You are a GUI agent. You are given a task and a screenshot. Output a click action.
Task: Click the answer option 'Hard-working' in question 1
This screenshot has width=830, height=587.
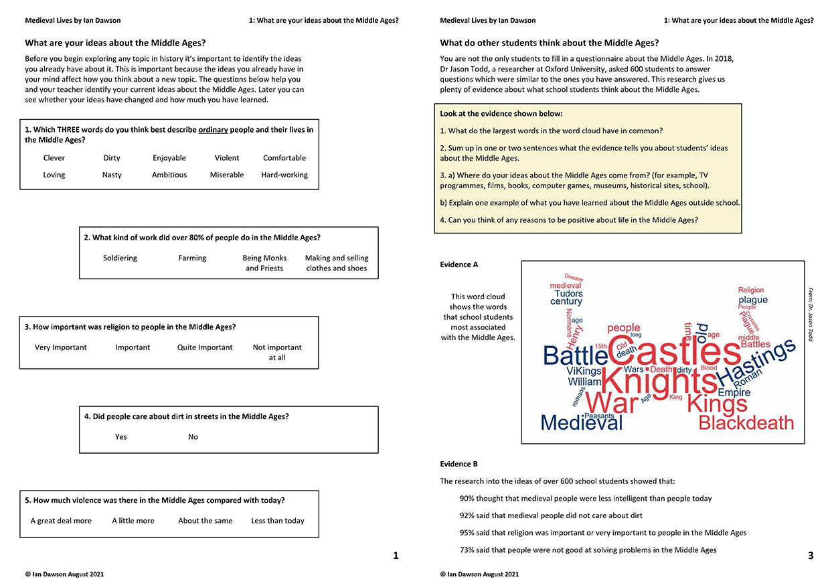click(284, 175)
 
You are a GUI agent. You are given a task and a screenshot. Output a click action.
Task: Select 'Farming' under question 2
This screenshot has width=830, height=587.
click(192, 258)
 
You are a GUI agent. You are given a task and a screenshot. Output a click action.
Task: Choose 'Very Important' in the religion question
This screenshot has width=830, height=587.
click(61, 347)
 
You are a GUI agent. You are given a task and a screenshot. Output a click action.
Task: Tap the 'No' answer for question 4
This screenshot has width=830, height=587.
click(193, 437)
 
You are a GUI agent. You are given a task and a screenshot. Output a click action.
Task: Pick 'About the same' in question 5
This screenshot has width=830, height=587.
click(205, 521)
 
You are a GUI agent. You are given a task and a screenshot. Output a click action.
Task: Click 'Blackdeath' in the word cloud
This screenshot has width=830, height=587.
click(746, 423)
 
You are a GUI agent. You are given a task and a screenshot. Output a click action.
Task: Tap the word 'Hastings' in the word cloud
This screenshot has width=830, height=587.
click(756, 364)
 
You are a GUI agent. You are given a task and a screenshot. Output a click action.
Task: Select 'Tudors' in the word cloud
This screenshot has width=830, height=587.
click(568, 293)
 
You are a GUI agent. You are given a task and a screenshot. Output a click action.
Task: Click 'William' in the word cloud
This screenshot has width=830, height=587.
click(584, 382)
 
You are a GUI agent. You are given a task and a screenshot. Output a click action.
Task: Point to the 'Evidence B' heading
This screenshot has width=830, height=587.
click(459, 464)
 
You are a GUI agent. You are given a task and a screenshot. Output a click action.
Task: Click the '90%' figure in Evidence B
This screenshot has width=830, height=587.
click(468, 499)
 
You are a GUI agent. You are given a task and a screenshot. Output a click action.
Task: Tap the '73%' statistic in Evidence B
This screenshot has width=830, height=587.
click(468, 550)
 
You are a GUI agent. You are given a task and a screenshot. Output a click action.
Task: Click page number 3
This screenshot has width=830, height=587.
click(811, 556)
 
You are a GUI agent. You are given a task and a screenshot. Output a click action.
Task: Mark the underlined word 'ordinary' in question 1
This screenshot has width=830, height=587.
click(216, 130)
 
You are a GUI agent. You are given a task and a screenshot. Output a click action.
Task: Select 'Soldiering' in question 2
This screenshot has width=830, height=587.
click(120, 258)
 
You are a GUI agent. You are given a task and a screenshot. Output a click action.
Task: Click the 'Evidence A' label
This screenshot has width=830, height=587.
click(459, 264)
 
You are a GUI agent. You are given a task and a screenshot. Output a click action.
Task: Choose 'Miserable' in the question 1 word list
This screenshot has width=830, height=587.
click(227, 175)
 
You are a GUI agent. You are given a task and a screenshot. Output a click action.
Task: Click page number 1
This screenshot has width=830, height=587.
click(396, 556)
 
